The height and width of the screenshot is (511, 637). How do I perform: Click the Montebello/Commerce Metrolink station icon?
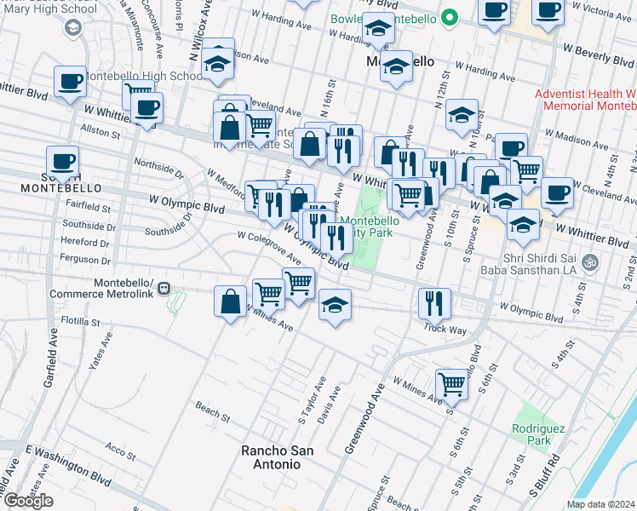click(169, 289)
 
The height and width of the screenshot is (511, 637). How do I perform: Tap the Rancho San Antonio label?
click(271, 457)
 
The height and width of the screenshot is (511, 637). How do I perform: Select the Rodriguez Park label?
click(533, 434)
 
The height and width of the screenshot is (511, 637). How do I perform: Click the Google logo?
click(28, 501)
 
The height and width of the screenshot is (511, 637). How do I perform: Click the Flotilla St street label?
click(82, 322)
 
